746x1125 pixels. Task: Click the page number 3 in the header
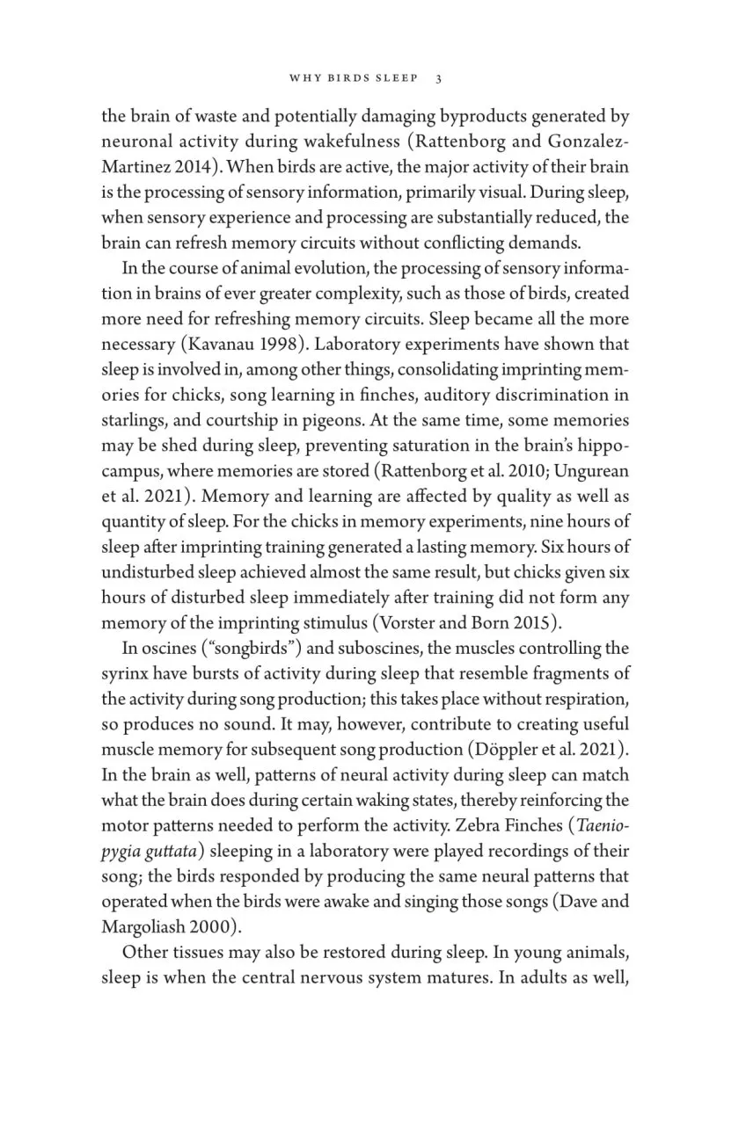[438, 78]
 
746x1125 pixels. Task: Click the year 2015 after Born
[536, 624]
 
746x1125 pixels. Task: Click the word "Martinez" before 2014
[133, 166]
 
